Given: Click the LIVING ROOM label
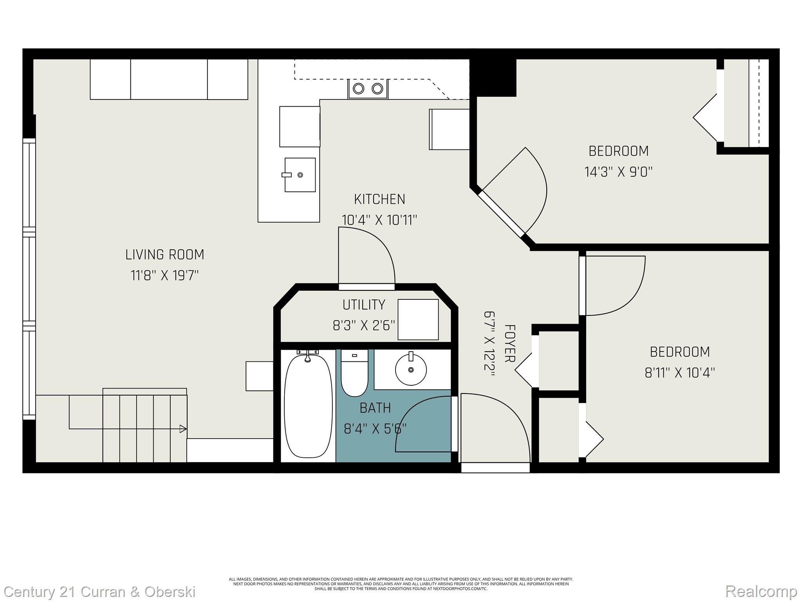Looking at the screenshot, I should [x=164, y=255].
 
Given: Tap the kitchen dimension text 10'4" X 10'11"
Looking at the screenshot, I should [x=379, y=220].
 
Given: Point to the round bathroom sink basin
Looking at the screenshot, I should [x=411, y=370].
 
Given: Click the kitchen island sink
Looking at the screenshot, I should [x=300, y=175].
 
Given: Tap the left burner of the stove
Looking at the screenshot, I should [x=358, y=89].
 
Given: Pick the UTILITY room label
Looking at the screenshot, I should [x=364, y=305].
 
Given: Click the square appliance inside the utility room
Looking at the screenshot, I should [x=418, y=319].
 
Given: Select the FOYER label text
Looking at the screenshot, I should [x=509, y=343].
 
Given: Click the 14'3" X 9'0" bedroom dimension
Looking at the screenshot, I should [x=618, y=172].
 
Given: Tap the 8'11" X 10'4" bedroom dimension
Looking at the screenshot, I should [x=680, y=372].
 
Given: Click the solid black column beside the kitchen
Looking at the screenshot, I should [x=493, y=77].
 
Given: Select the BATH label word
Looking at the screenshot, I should [x=375, y=408].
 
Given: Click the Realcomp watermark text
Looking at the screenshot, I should [x=761, y=591].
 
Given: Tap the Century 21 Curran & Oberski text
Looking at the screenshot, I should [x=100, y=591].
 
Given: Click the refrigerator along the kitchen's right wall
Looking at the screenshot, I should [x=449, y=129].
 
